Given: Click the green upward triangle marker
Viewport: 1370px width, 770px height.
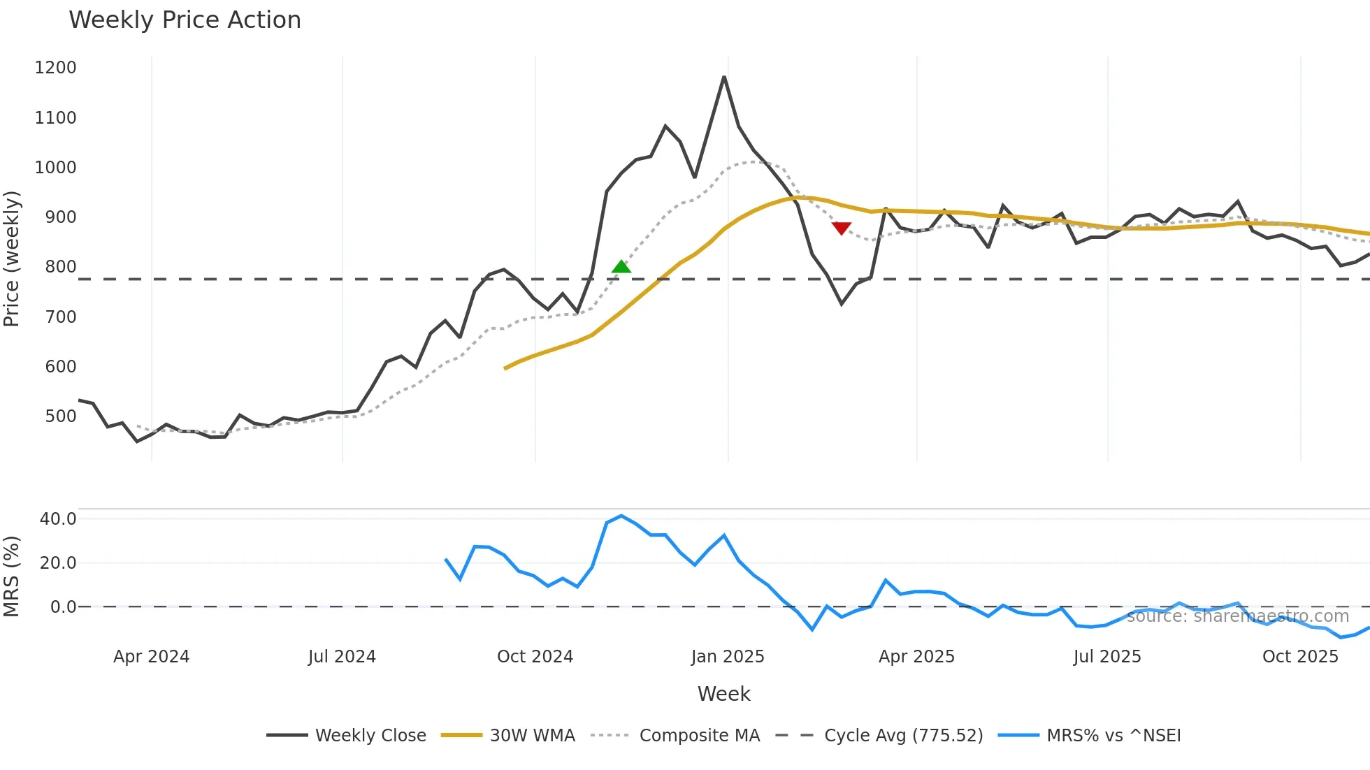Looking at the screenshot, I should [621, 267].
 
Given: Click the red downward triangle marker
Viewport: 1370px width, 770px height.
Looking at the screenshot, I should [842, 228].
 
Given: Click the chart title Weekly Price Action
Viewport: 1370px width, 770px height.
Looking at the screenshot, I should [185, 20].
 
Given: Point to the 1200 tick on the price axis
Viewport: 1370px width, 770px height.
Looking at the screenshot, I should [55, 68].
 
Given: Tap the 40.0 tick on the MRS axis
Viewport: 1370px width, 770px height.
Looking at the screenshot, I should [58, 518].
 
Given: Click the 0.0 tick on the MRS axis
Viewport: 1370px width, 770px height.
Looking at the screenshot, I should [63, 606].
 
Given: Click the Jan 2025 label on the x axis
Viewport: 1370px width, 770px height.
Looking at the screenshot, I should [727, 657].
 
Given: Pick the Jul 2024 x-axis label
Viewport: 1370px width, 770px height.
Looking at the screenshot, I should [342, 657].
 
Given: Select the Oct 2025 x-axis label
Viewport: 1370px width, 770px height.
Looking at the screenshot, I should [1300, 657].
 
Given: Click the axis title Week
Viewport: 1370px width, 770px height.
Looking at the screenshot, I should [723, 694].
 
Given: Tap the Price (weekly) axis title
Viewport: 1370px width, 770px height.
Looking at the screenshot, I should [12, 259].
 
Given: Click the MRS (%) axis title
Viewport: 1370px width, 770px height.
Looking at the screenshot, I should [12, 576].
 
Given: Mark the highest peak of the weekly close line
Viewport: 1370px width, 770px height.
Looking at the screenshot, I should [724, 77].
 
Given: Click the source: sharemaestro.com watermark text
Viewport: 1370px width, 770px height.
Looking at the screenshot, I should [1237, 616].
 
